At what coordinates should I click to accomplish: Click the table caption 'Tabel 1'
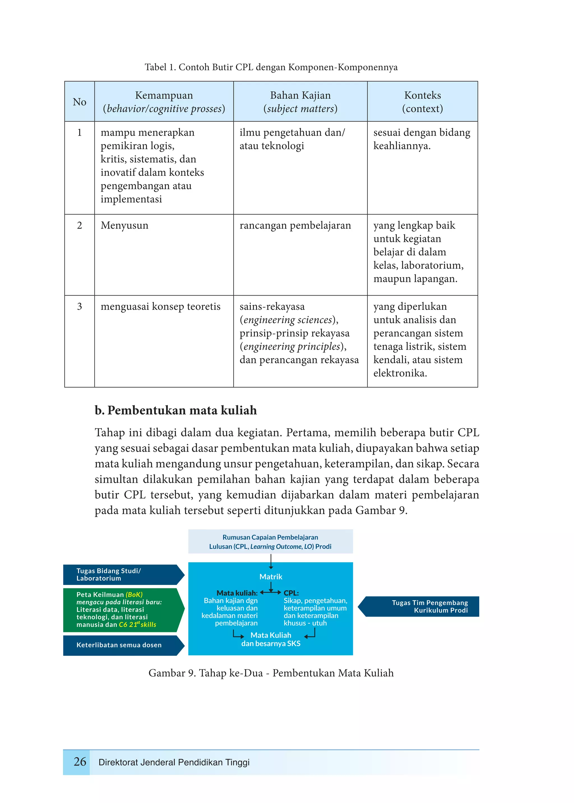click(x=271, y=67)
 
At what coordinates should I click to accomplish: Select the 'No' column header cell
click(x=80, y=102)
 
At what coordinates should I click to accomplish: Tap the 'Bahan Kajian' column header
click(x=300, y=102)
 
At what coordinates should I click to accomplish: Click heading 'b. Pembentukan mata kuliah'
click(x=176, y=410)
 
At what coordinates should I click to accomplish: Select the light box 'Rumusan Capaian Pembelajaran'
click(x=270, y=542)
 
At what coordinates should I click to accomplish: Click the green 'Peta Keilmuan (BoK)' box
click(x=120, y=610)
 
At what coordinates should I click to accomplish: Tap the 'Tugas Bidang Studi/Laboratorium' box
click(x=120, y=575)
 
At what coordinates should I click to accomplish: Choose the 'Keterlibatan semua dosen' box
click(x=120, y=645)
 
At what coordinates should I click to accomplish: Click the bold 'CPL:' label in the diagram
click(x=291, y=593)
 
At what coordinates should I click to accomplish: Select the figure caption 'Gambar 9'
click(x=271, y=673)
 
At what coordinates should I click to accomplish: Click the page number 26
click(x=80, y=761)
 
